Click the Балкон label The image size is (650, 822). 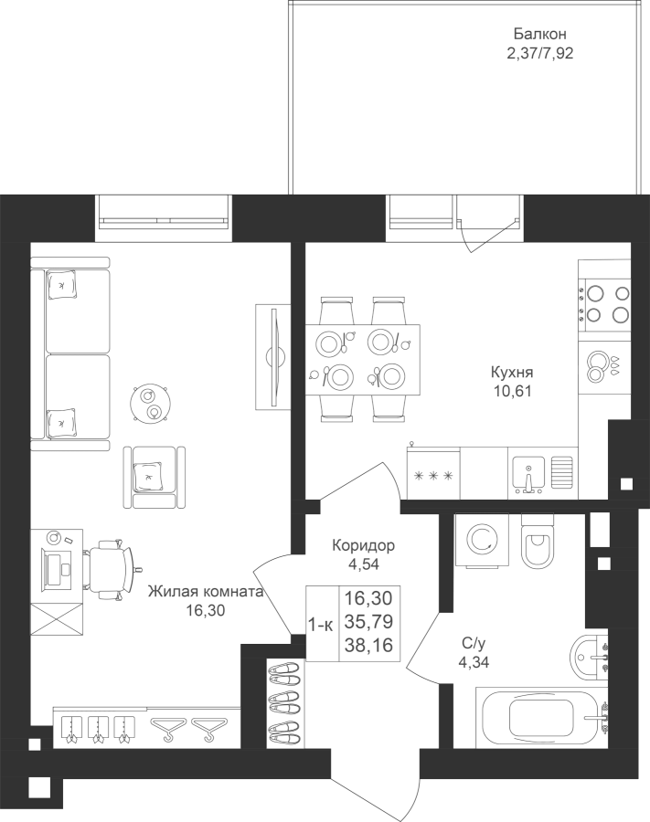[539, 35]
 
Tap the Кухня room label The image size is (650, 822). [512, 373]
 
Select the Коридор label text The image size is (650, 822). [363, 546]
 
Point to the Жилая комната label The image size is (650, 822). [205, 592]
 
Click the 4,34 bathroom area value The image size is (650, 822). [474, 662]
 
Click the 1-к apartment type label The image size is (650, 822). [320, 625]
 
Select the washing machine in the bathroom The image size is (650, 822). [482, 540]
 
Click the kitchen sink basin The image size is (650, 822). [528, 472]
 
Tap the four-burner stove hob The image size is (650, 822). [604, 304]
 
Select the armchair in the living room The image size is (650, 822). [155, 477]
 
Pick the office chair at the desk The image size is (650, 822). [111, 569]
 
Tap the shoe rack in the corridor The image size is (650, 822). [285, 703]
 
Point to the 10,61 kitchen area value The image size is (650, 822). [512, 391]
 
